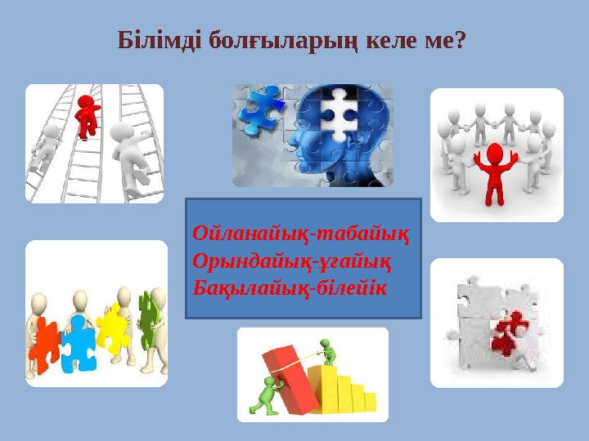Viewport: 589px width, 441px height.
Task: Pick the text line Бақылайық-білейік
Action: click(290, 288)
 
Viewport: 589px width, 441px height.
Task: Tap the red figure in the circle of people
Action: click(493, 167)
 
